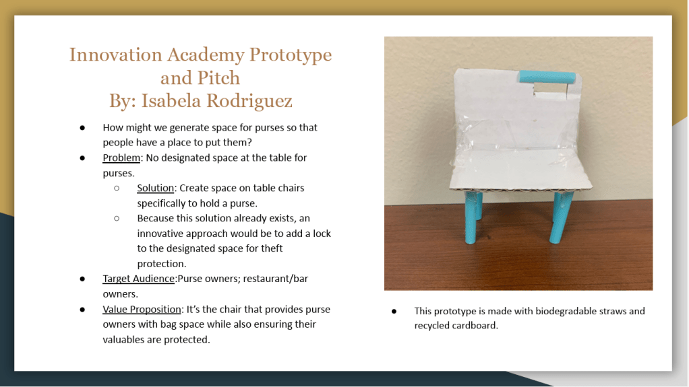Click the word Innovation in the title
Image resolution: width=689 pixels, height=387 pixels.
pyautogui.click(x=116, y=55)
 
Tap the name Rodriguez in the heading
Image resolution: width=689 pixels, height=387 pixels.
pyautogui.click(x=249, y=102)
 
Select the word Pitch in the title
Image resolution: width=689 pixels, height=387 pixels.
pyautogui.click(x=218, y=78)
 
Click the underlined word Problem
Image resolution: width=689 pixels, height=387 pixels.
pyautogui.click(x=121, y=158)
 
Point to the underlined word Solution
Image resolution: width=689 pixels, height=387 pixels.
pyautogui.click(x=156, y=188)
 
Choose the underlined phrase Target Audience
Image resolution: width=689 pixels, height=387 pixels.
pyautogui.click(x=138, y=279)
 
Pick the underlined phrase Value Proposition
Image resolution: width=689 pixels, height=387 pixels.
pyautogui.click(x=142, y=310)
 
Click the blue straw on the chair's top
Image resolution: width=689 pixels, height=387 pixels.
pyautogui.click(x=547, y=77)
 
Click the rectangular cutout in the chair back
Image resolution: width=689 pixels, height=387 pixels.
pyautogui.click(x=550, y=90)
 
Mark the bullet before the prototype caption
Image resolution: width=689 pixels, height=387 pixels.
pyautogui.click(x=394, y=312)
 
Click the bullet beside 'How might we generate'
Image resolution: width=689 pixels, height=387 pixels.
pyautogui.click(x=82, y=128)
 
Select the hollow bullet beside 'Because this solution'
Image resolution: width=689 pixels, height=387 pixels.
pyautogui.click(x=117, y=219)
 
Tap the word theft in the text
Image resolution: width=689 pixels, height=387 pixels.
pyautogui.click(x=272, y=248)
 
